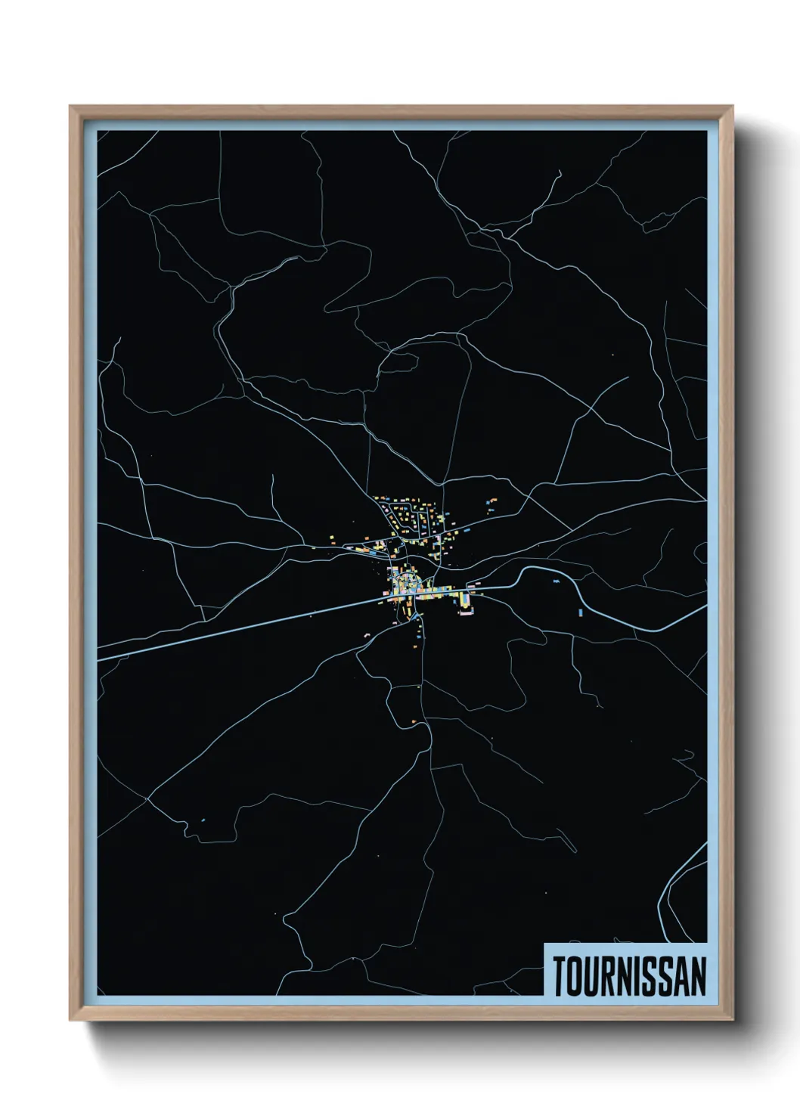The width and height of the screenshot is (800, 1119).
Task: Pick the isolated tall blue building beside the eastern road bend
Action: pyautogui.click(x=581, y=612)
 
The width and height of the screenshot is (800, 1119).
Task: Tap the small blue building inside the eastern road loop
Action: pyautogui.click(x=557, y=581)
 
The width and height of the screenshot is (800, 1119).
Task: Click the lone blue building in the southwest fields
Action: pyautogui.click(x=203, y=819)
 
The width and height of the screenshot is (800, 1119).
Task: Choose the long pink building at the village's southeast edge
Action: pyautogui.click(x=465, y=615)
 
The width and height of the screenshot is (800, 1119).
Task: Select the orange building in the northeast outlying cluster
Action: pyautogui.click(x=493, y=500)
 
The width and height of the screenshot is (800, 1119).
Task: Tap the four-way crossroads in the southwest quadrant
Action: pyautogui.click(x=148, y=797)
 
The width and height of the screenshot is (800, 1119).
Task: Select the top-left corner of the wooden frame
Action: pyautogui.click(x=71, y=107)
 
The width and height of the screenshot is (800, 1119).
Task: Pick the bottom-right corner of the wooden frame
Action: pyautogui.click(x=733, y=1020)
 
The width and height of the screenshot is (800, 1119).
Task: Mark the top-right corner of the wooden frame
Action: pyautogui.click(x=733, y=107)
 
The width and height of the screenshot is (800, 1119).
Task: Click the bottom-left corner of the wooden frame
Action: pyautogui.click(x=71, y=1020)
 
